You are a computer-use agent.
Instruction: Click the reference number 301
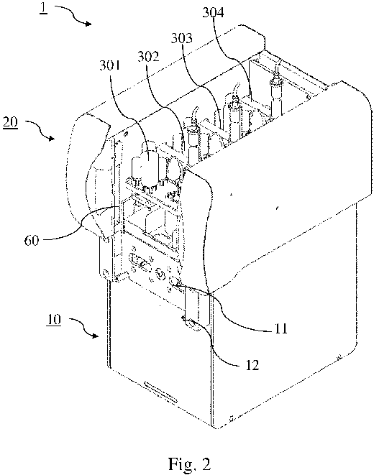click(110, 65)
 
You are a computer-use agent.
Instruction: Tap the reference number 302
click(148, 56)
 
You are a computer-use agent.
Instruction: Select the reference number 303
click(181, 38)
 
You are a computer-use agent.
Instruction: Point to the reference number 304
click(213, 13)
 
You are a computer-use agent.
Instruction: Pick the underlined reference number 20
click(11, 124)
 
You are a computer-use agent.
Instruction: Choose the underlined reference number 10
click(54, 320)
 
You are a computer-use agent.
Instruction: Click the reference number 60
click(32, 241)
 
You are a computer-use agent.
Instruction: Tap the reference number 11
click(280, 328)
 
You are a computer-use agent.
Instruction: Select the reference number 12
click(252, 365)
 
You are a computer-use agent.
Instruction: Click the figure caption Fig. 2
click(190, 464)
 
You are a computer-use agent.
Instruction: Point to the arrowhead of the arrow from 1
click(88, 24)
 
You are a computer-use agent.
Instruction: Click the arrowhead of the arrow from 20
click(52, 139)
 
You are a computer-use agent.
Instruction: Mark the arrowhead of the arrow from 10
click(96, 336)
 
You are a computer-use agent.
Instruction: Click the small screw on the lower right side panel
click(339, 357)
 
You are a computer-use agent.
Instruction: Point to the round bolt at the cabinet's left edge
click(105, 274)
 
